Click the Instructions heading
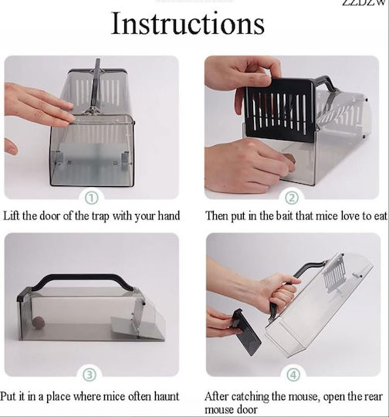pos(188,23)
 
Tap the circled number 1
pos(91,198)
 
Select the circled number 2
pos(292,198)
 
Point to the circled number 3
pos(90,375)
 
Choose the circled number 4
pos(293,375)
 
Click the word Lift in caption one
pos(12,215)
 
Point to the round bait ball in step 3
pos(39,322)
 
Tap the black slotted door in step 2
pos(280,109)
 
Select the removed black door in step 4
pos(245,331)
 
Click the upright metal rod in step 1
pos(96,85)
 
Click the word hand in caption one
pos(169,215)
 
